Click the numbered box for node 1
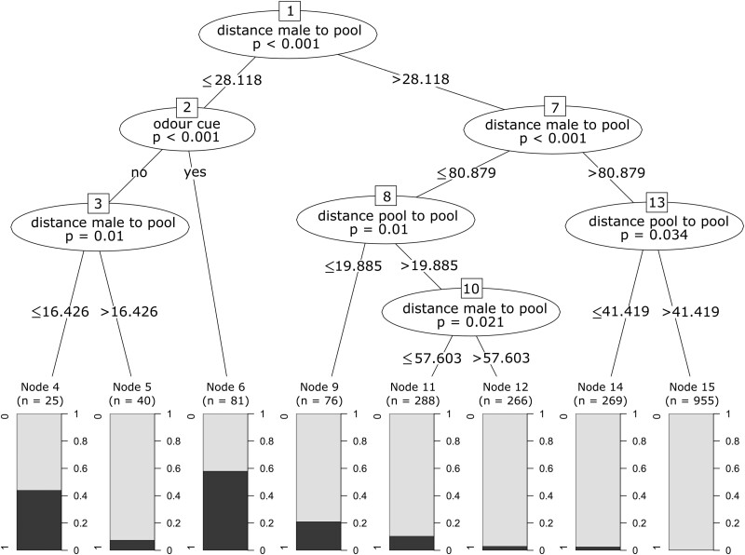point(289,12)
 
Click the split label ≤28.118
point(225,80)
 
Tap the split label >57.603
point(502,359)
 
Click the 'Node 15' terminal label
point(691,386)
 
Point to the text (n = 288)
point(412,399)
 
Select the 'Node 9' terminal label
point(318,386)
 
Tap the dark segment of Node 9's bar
point(319,535)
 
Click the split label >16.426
point(131,312)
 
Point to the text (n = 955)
point(691,399)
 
